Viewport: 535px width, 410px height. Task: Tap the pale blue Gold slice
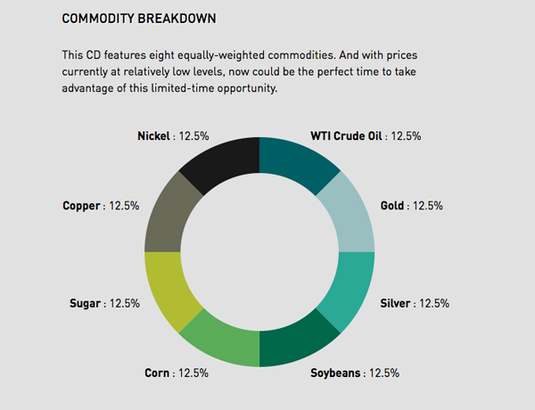[351, 217]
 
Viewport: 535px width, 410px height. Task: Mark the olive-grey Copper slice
[168, 217]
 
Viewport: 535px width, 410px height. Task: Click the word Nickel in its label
[153, 136]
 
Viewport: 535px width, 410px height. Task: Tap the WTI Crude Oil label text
[346, 136]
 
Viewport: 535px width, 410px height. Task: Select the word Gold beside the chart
[392, 206]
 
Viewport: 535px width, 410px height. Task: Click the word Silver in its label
[395, 303]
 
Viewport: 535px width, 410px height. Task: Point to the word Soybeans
[335, 373]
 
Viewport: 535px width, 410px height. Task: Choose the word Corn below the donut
[157, 373]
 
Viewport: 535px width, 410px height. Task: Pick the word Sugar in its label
[85, 303]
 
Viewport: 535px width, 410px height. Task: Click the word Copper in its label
[81, 206]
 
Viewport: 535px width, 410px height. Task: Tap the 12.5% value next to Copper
[124, 206]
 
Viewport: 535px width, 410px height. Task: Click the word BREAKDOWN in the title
[177, 19]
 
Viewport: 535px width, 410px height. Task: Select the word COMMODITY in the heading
[98, 19]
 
